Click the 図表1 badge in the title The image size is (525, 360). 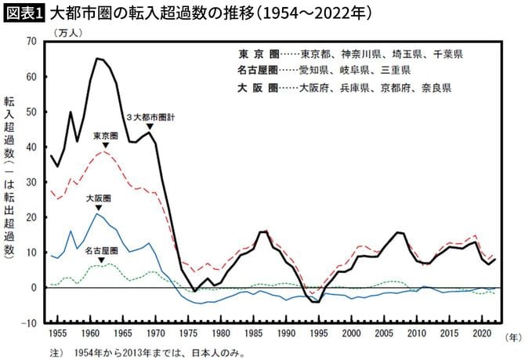pos(24,13)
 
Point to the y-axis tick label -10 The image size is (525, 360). pos(29,323)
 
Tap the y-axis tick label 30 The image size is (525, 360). pos(31,182)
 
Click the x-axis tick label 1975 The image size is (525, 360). pos(188,333)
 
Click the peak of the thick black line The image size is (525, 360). pos(97,58)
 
